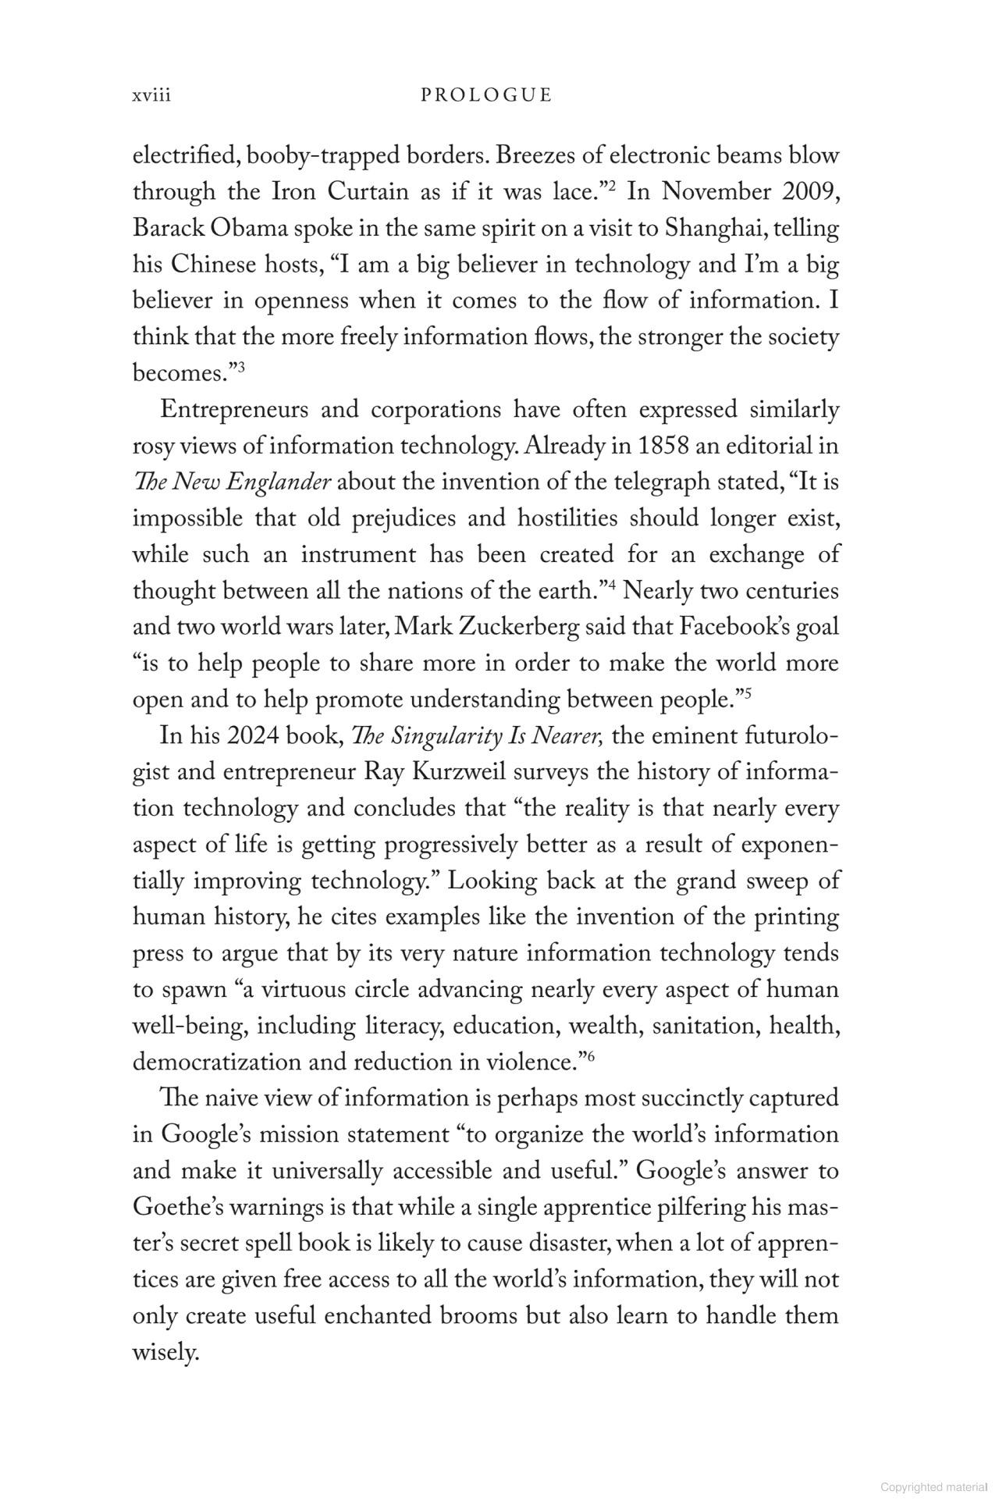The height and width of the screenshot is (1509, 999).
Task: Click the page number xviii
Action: point(151,95)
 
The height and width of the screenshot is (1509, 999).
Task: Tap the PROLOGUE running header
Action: point(486,95)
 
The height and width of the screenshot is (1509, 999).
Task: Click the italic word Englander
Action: point(279,482)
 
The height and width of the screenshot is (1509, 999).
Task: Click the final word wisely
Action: point(165,1353)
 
